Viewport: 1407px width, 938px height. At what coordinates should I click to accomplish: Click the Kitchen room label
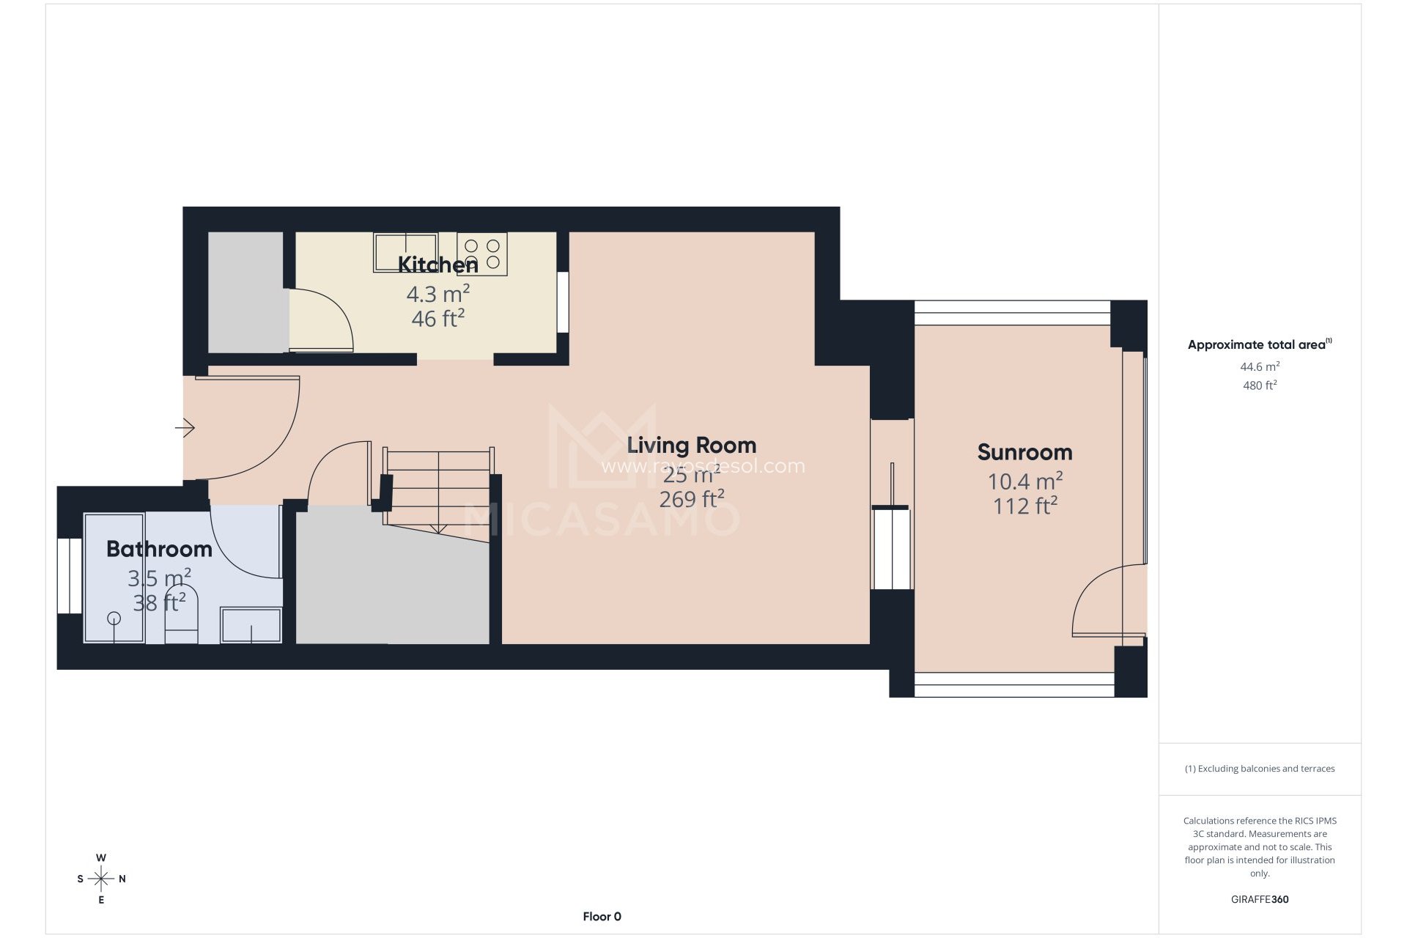point(437,265)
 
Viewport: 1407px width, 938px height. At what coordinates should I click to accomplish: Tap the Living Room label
point(691,446)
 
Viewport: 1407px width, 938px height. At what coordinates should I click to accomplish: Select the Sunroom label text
point(1024,452)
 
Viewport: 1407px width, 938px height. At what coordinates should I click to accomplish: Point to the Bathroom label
point(159,549)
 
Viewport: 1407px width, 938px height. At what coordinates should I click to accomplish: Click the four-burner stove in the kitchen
point(482,254)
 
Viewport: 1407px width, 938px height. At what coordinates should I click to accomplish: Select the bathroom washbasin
point(251,625)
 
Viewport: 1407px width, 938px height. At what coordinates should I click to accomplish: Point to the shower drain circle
point(114,618)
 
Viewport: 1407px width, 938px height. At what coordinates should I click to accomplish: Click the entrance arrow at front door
point(185,427)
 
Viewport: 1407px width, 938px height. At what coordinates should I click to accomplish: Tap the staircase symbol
point(437,487)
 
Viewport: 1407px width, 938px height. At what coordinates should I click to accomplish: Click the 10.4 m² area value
point(1024,481)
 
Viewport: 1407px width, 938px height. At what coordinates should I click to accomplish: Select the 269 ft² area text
point(691,500)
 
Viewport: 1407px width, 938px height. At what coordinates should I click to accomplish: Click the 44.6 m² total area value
point(1259,366)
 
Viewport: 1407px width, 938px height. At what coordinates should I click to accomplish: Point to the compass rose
point(101,878)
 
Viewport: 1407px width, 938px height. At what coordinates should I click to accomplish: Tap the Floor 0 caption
point(602,916)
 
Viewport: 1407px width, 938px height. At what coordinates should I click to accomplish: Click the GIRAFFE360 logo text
point(1259,899)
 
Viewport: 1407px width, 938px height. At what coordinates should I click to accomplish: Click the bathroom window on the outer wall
point(70,576)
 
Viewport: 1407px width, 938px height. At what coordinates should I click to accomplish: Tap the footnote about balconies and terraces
point(1259,769)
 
